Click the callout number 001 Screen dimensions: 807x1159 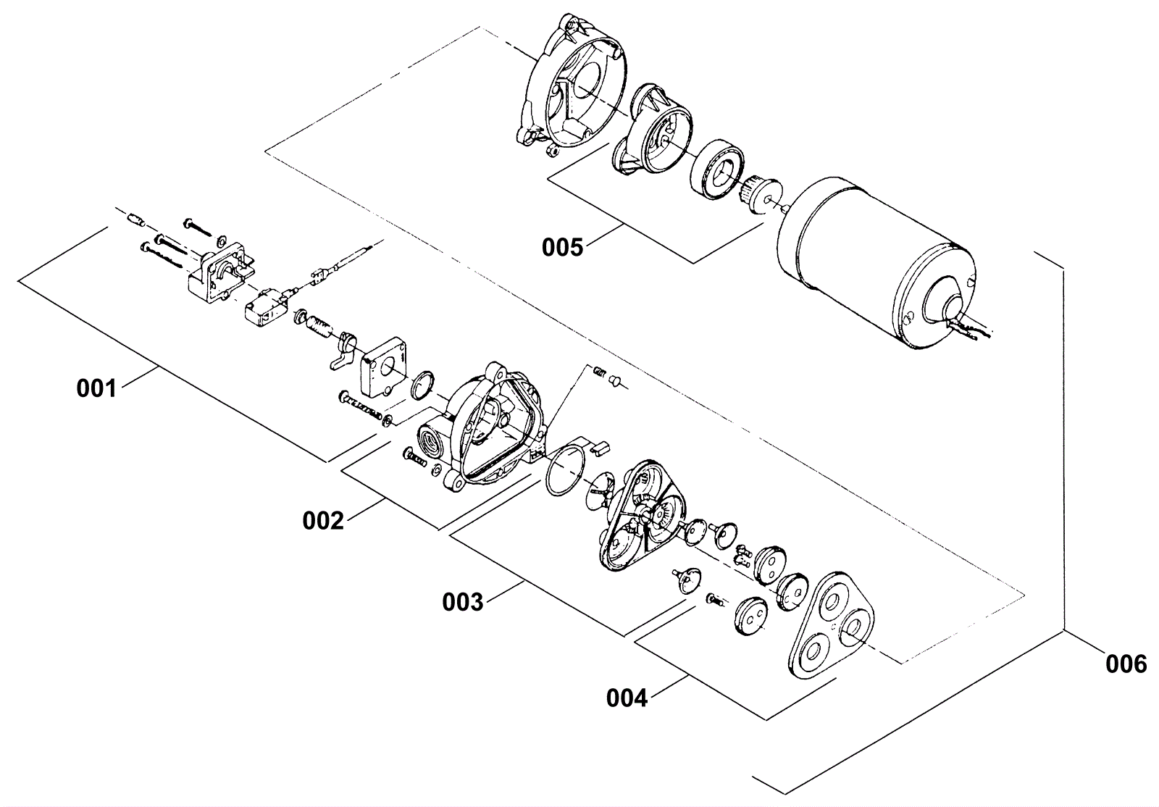coord(96,389)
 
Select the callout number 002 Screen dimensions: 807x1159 coord(322,520)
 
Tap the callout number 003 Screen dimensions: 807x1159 coord(462,602)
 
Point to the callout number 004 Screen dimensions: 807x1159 coord(627,698)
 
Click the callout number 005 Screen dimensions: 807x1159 coord(562,247)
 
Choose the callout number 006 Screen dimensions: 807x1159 coord(1126,664)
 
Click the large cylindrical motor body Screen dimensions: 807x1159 coord(869,254)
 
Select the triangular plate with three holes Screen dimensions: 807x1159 coord(831,626)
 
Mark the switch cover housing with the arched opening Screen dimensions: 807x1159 coord(219,276)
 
